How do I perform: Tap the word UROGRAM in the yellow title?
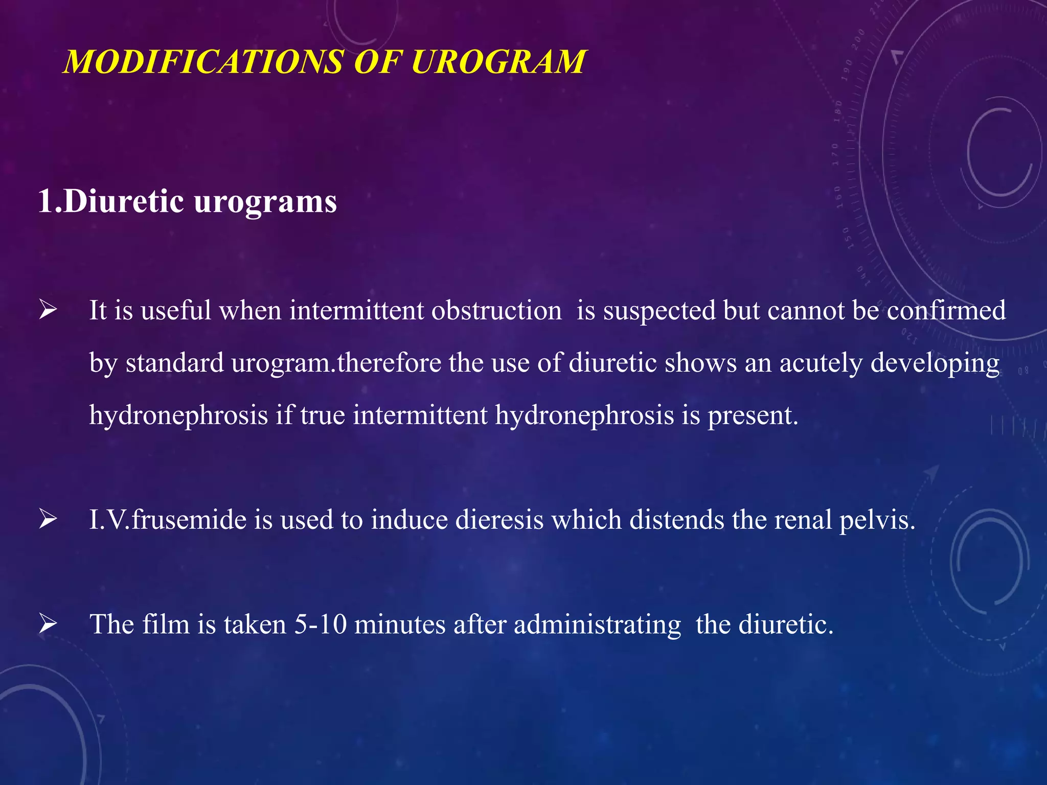click(x=498, y=62)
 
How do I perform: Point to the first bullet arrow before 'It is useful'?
click(x=48, y=310)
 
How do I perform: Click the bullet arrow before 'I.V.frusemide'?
click(x=48, y=519)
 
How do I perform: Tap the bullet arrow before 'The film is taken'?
click(x=48, y=624)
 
